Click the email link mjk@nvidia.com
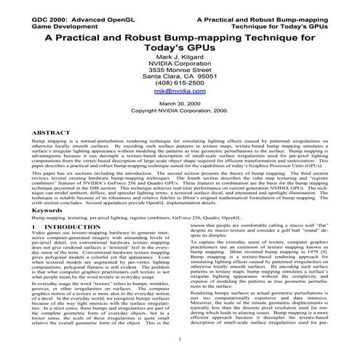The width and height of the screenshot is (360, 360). pos(180,92)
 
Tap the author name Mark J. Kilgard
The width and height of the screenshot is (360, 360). pos(180,57)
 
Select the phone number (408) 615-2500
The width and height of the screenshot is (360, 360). pos(180,81)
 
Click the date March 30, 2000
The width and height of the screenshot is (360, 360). pos(180,104)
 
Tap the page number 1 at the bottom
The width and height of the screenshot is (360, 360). pos(179,340)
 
